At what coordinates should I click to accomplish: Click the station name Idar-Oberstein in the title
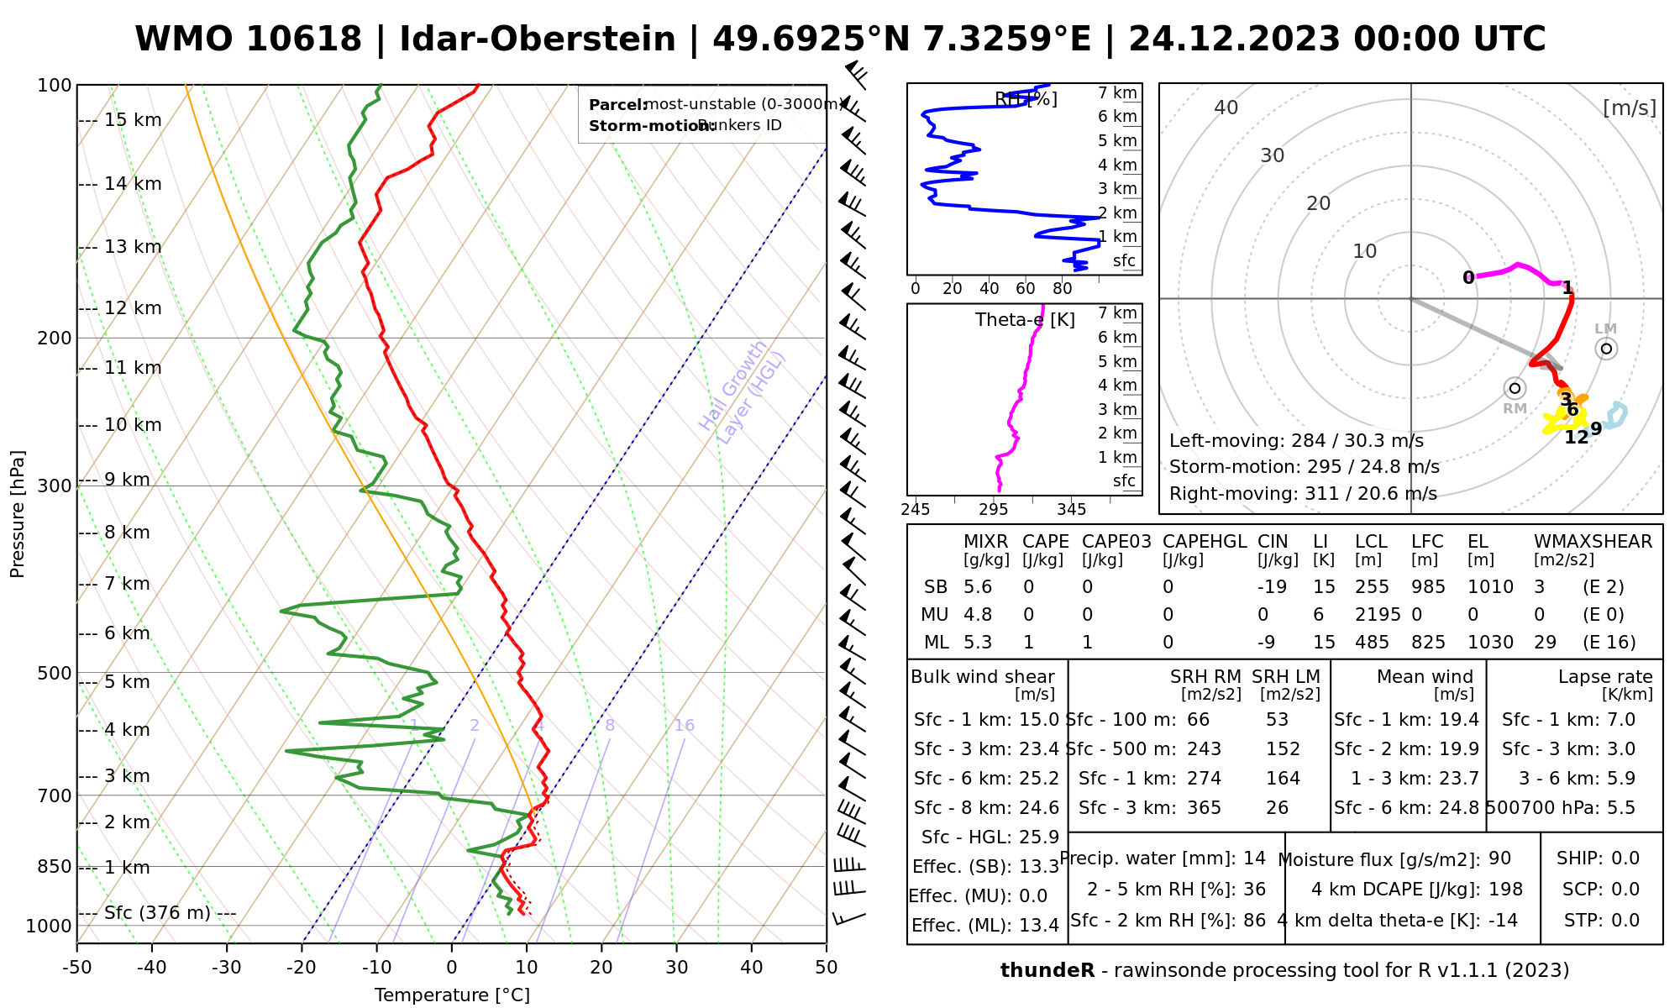coord(538,39)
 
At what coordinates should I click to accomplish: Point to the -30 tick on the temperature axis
coord(227,968)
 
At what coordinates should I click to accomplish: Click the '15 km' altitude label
coord(133,120)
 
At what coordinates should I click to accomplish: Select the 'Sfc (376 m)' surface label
coord(158,913)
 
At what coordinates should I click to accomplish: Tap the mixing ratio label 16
coord(684,726)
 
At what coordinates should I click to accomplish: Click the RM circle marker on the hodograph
coord(1515,388)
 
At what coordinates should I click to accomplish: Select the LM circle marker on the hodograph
coord(1606,349)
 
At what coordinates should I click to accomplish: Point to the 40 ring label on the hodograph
coord(1226,108)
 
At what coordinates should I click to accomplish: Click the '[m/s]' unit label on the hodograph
coord(1630,108)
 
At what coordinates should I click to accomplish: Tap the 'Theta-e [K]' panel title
coord(1025,320)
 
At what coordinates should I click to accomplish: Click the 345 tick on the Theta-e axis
coord(1071,510)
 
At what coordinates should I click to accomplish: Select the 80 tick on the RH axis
coord(1063,289)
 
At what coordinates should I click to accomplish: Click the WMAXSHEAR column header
coord(1593,542)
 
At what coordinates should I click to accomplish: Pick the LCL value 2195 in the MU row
coord(1378,615)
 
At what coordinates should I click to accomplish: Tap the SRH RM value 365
coord(1204,808)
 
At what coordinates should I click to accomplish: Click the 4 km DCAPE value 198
coord(1505,890)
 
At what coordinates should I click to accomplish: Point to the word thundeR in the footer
coord(1047,971)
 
